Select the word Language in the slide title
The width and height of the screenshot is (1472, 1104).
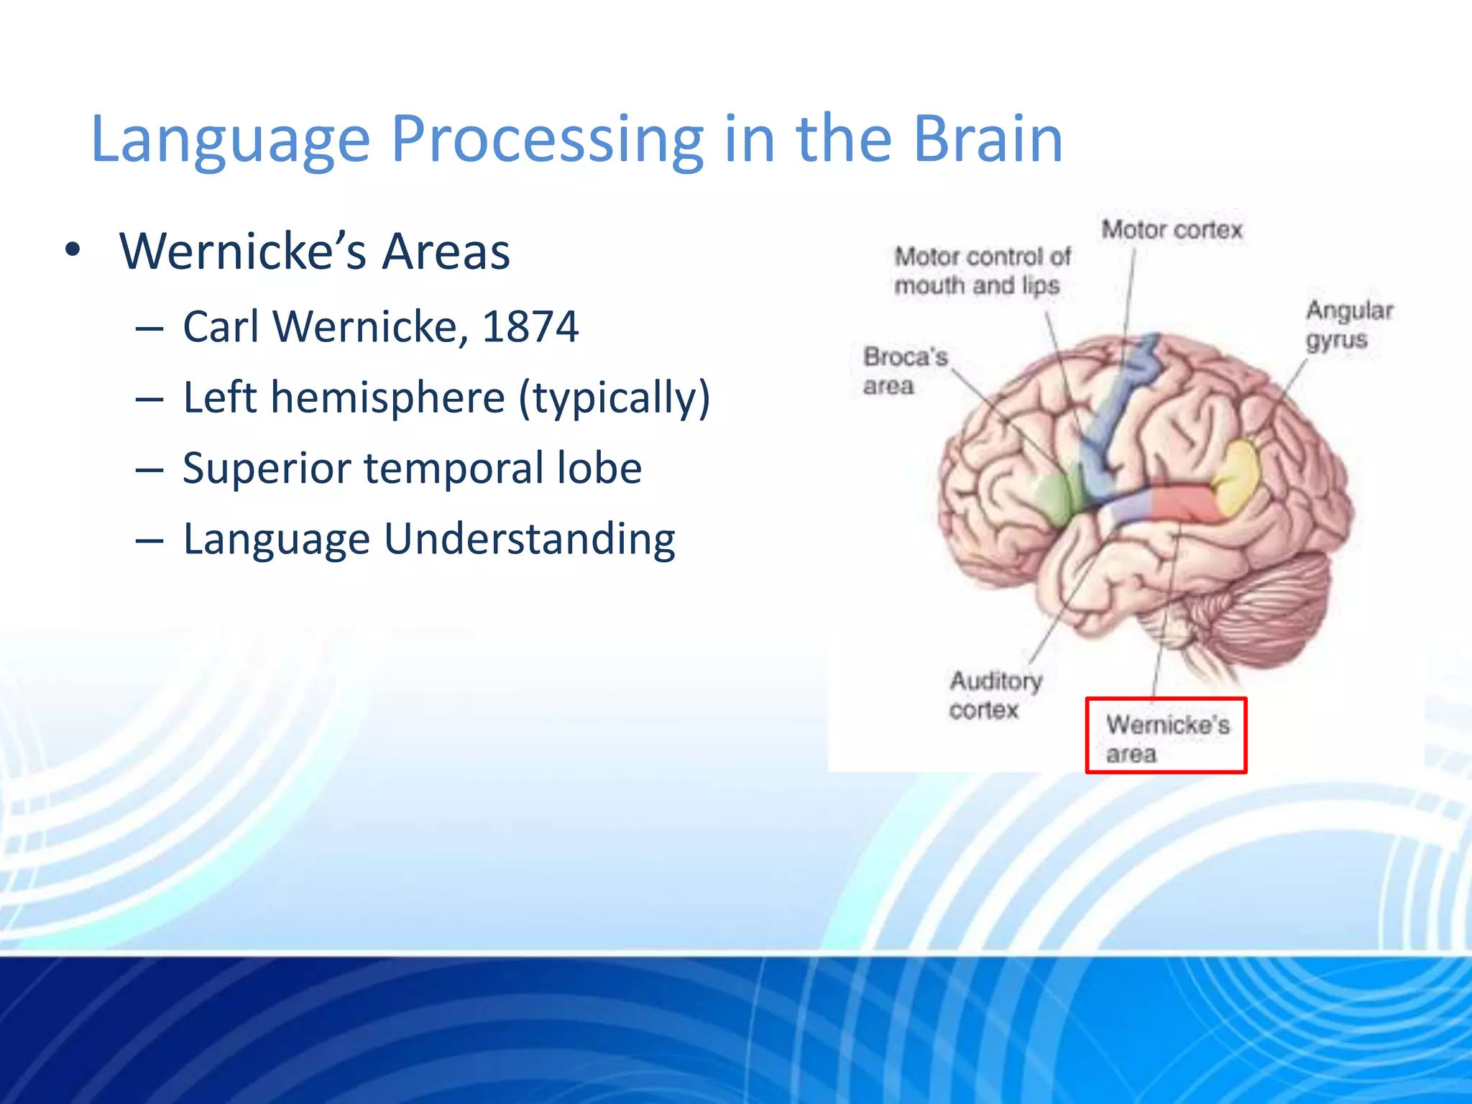[x=230, y=140]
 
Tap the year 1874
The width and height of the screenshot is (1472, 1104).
[x=530, y=327]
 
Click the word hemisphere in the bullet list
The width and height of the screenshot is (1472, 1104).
[x=387, y=397]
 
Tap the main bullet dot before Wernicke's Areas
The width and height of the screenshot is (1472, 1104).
[x=72, y=252]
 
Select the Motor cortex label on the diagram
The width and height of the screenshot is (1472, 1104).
[x=1172, y=230]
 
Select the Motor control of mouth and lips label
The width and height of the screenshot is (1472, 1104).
[x=981, y=271]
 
